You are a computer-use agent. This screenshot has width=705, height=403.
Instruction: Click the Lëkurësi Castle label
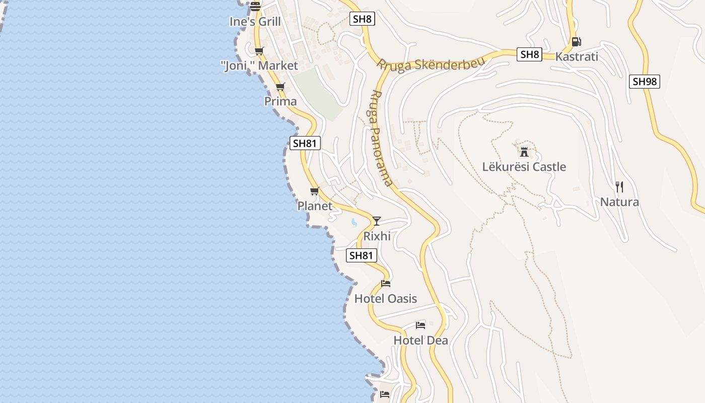[524, 167]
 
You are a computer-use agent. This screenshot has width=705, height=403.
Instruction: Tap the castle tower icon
[524, 152]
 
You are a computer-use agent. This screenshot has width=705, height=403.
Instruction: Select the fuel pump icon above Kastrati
[576, 42]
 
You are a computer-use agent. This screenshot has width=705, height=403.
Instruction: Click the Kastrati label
[577, 56]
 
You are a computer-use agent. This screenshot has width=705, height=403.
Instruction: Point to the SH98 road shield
[644, 82]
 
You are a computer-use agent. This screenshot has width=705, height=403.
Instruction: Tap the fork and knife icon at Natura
[619, 187]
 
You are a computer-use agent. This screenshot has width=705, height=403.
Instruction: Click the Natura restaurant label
[619, 202]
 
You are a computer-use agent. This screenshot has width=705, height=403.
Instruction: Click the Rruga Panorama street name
[381, 138]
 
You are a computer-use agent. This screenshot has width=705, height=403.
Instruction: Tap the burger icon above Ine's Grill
[255, 7]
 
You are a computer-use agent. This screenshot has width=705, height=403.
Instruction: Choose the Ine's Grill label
[255, 22]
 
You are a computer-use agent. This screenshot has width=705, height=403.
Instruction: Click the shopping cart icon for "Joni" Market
[259, 51]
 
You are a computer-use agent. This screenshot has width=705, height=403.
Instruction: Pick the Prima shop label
[280, 101]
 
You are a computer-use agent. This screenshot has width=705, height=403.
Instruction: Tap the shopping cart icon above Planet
[315, 191]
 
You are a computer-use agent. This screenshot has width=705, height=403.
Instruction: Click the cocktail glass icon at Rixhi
[376, 221]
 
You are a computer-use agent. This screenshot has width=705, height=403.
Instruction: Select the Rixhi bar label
[377, 236]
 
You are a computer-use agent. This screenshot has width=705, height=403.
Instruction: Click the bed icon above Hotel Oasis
[386, 284]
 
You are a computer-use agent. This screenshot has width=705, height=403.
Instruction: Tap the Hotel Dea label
[420, 340]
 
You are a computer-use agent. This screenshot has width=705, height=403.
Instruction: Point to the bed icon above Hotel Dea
[420, 325]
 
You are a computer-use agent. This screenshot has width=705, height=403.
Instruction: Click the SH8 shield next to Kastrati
[529, 54]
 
